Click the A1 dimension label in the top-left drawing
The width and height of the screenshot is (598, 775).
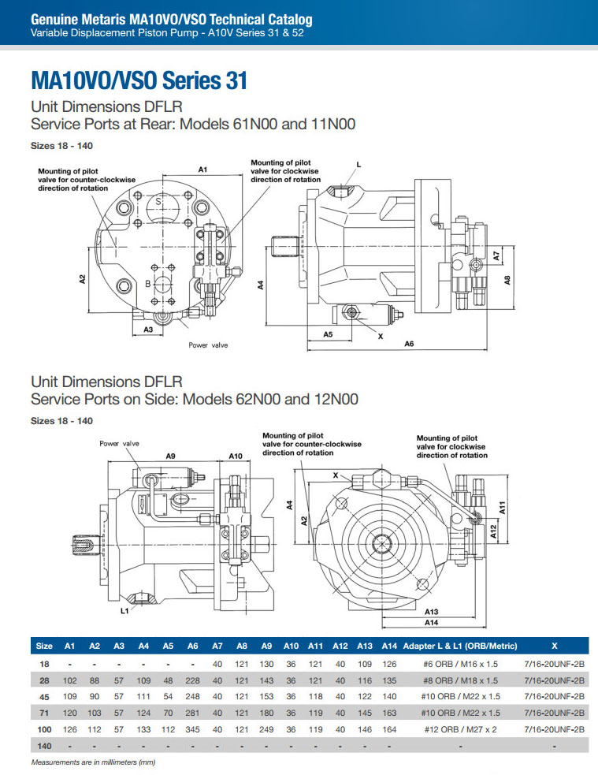click(x=202, y=170)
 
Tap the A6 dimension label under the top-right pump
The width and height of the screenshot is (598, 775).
click(x=410, y=344)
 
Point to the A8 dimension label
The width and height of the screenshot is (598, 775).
click(x=507, y=279)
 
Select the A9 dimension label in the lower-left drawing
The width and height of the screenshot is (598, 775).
click(x=170, y=456)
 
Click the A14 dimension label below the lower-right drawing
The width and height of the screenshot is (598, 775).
click(x=431, y=622)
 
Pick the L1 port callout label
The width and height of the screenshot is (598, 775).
click(x=124, y=610)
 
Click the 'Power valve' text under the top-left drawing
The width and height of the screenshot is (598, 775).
click(x=208, y=345)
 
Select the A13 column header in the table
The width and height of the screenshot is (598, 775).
click(x=365, y=646)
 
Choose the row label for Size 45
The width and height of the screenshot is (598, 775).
click(x=45, y=696)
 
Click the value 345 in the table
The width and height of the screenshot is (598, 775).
click(x=193, y=729)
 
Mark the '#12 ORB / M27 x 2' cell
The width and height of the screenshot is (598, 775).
click(x=461, y=729)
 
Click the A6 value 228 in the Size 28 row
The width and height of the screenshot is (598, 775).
click(x=193, y=680)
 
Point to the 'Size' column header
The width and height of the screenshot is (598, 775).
click(x=45, y=646)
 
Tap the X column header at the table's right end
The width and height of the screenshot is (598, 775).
click(x=555, y=646)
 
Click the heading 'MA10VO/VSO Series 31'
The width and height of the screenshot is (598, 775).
click(x=139, y=80)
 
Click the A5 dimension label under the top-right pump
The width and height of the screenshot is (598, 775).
click(x=328, y=334)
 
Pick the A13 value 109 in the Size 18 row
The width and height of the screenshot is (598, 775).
click(x=365, y=664)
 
